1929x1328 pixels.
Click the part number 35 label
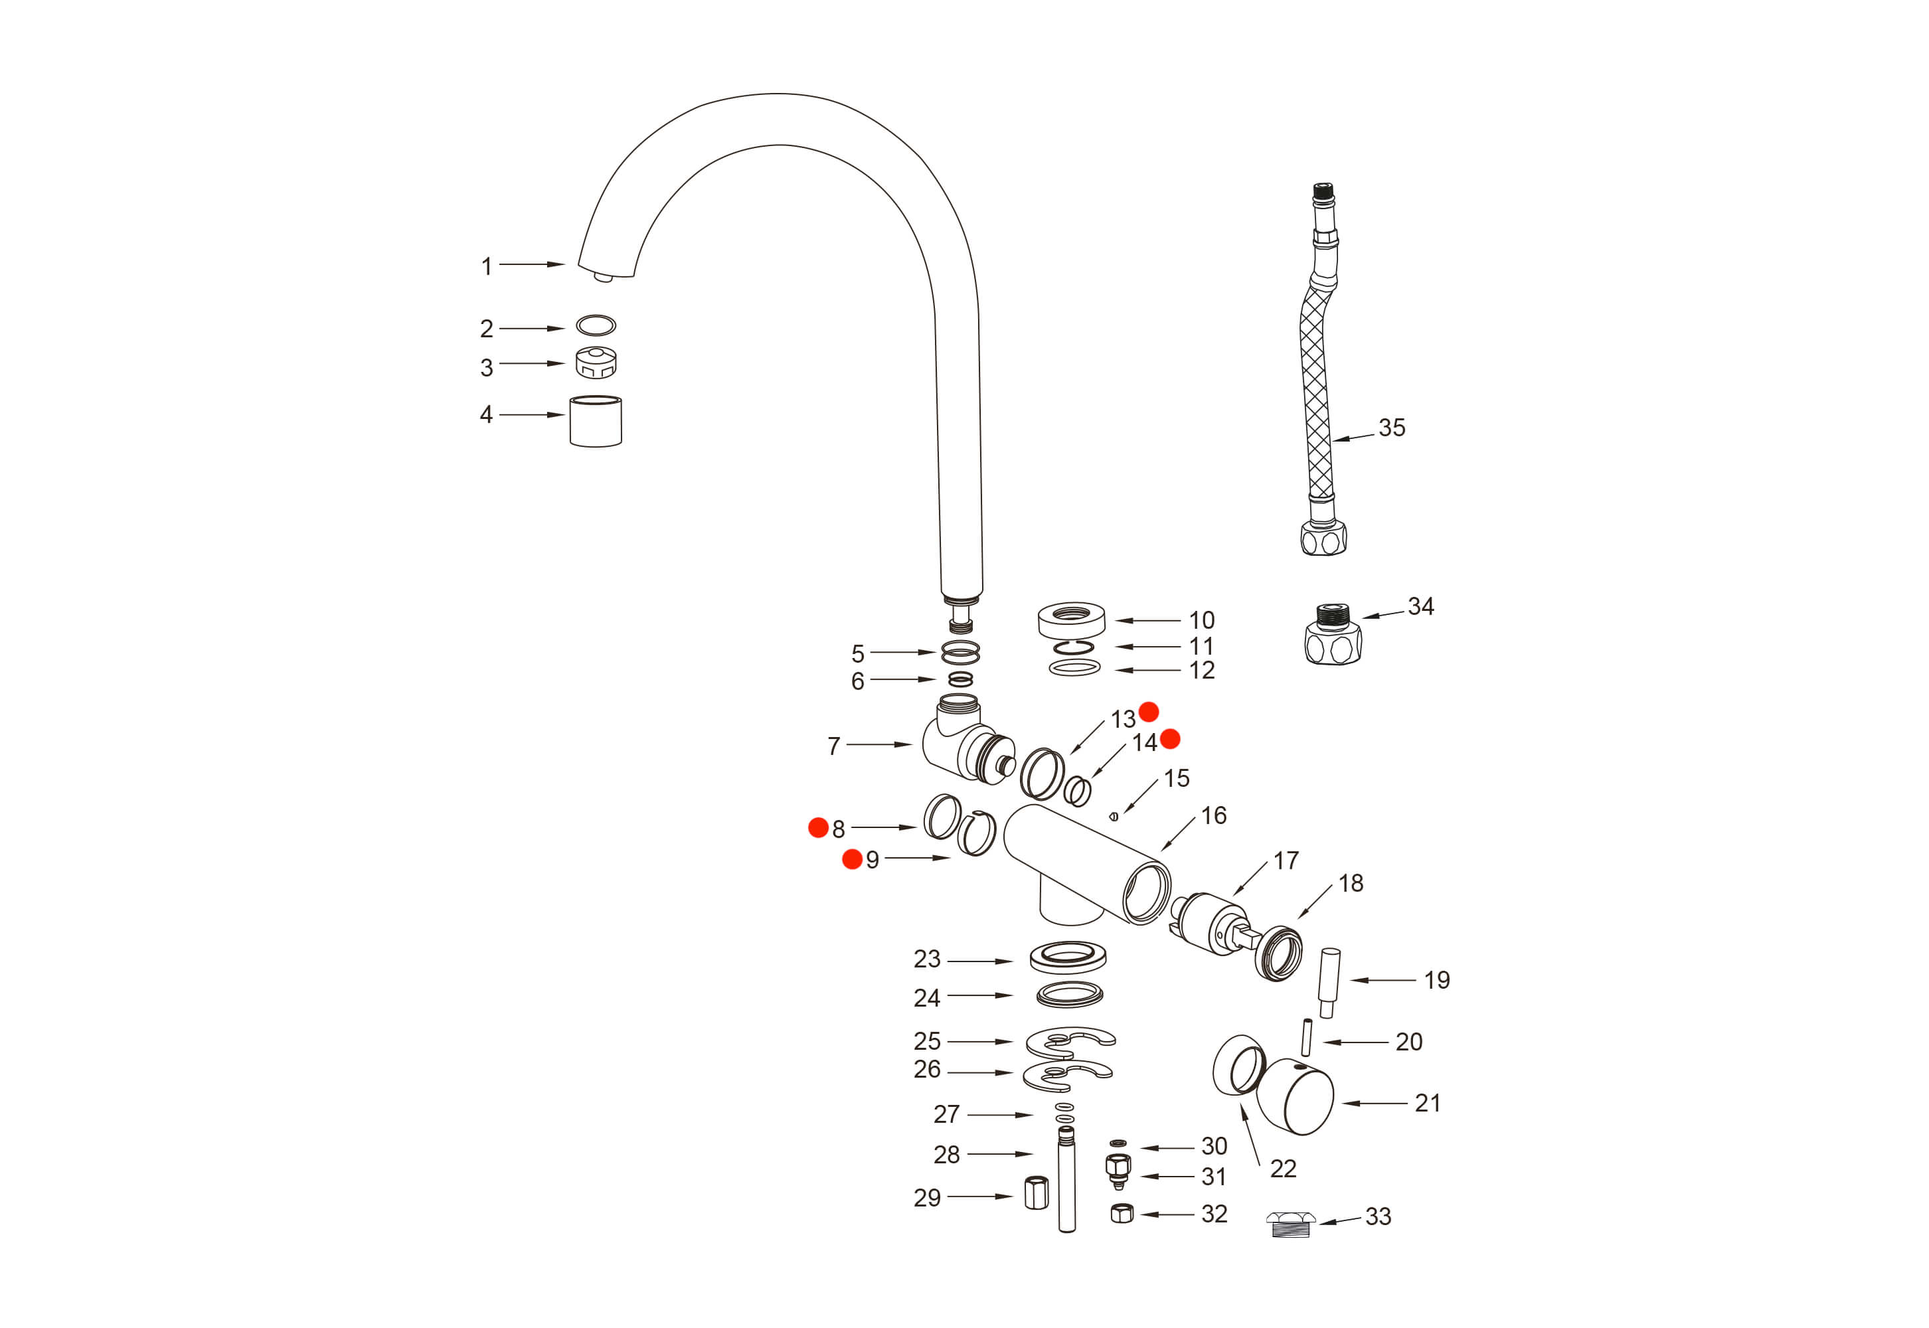(1390, 428)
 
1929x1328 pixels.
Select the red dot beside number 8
(818, 827)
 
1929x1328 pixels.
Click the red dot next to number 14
(1170, 739)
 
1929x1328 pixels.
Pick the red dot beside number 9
(852, 859)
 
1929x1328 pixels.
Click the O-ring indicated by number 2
(596, 325)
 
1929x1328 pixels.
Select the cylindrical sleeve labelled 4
(595, 421)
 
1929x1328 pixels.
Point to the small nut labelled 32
(1122, 1213)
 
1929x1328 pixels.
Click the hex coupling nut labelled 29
(1036, 1193)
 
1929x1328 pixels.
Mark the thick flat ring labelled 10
(1071, 620)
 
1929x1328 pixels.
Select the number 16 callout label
(1213, 815)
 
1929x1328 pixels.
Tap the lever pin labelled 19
(1329, 982)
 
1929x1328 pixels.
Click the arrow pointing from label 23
(979, 961)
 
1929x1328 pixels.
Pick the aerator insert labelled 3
(596, 363)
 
